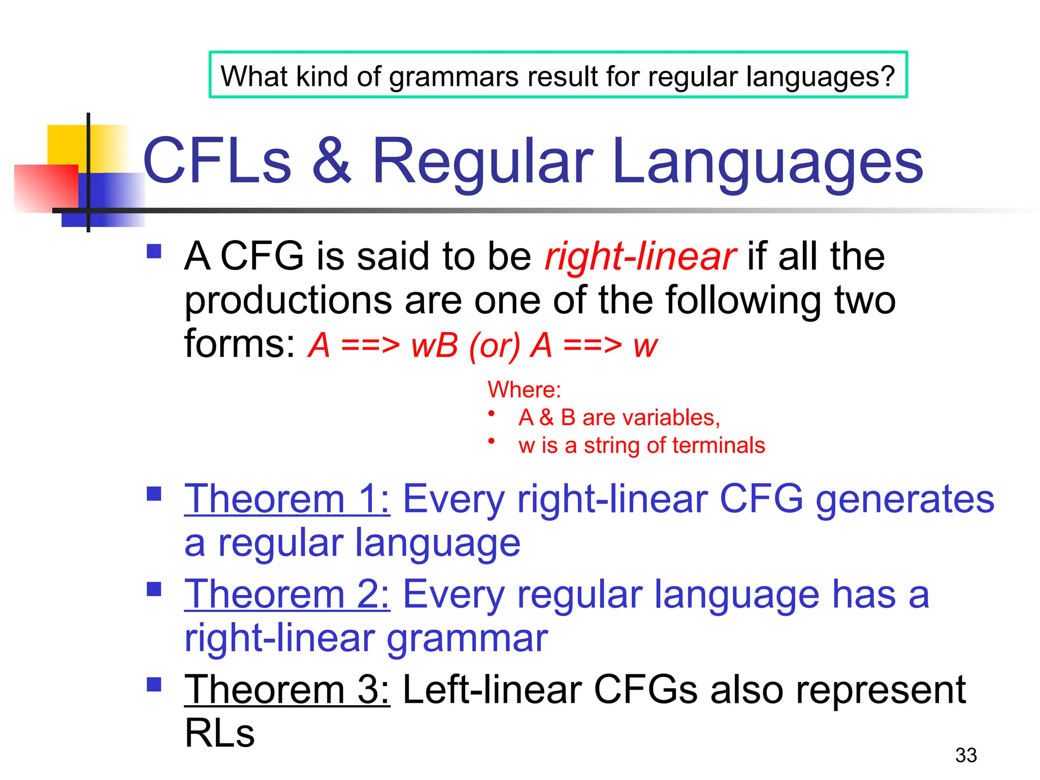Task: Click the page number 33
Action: tap(965, 755)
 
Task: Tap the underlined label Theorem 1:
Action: tap(287, 499)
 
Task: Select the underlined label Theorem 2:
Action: tap(287, 595)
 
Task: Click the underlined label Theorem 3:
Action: tap(287, 690)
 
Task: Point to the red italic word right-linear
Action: tap(639, 256)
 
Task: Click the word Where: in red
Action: tap(524, 390)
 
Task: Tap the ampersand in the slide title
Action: tap(331, 161)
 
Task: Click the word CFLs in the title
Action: tap(217, 161)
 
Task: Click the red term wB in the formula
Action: tap(435, 345)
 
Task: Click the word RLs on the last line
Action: tap(219, 733)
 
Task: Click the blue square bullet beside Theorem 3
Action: tap(154, 685)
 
